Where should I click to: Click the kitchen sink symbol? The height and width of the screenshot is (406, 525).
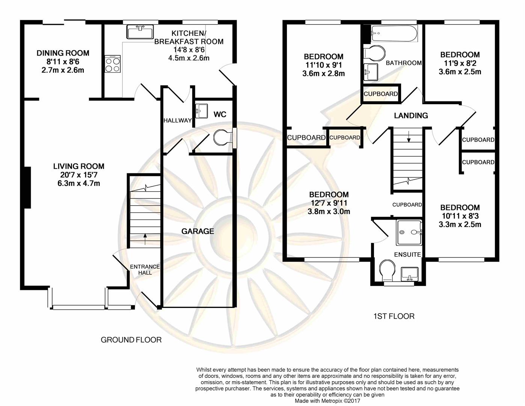tap(140, 32)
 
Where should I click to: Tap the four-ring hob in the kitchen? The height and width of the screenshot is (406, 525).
tap(113, 64)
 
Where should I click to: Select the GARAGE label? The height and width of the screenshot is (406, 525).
tap(198, 232)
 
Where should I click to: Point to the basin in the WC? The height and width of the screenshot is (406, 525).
tap(202, 111)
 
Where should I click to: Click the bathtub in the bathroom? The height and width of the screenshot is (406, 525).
tap(394, 33)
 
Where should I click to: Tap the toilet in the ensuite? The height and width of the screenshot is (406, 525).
tap(387, 271)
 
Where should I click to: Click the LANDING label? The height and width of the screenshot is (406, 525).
tap(411, 115)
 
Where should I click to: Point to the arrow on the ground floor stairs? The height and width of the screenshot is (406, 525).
tap(145, 239)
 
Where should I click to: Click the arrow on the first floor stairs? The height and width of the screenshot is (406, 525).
tap(409, 136)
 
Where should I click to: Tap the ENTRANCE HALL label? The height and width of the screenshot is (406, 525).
tap(145, 270)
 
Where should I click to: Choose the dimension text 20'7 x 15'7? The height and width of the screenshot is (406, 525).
tap(79, 175)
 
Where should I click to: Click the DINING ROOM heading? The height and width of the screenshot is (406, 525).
tap(63, 53)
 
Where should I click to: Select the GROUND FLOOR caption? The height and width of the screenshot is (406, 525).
tap(131, 340)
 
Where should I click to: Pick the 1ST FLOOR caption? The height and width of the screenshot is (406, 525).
tap(394, 316)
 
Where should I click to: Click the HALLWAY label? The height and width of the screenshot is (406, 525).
tap(178, 120)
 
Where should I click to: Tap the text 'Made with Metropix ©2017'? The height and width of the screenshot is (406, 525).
tap(327, 401)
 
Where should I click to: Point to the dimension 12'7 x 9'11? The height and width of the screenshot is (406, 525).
tap(329, 203)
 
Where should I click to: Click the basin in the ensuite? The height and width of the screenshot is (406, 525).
tap(409, 274)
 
